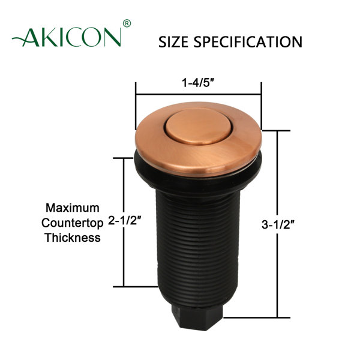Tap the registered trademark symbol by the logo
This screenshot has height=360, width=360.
[x=126, y=23]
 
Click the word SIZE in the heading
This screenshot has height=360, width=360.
[x=174, y=42]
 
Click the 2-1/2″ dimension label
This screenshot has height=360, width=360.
[x=125, y=221]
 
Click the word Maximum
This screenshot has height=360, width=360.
[x=73, y=208]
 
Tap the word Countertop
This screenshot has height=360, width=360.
[x=73, y=222]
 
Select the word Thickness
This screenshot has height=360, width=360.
[x=73, y=237]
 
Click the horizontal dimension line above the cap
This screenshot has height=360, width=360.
[x=199, y=94]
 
